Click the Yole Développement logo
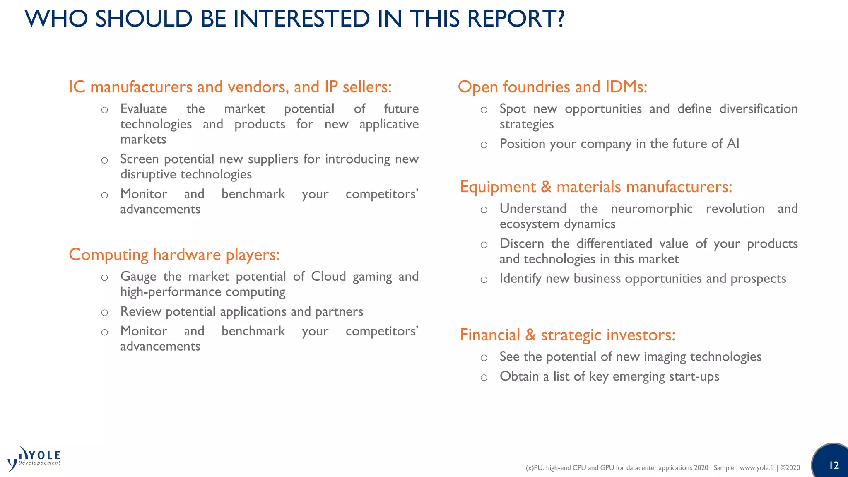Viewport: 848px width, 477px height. [x=34, y=459]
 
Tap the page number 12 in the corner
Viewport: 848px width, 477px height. [x=834, y=465]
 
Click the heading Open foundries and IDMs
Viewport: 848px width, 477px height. [x=552, y=87]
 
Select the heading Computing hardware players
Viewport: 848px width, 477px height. [x=174, y=255]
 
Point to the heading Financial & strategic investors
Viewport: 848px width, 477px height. [x=567, y=335]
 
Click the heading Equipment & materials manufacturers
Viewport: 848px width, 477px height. [x=596, y=187]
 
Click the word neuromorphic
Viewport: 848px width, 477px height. [x=651, y=209]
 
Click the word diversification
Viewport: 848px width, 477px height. [x=758, y=109]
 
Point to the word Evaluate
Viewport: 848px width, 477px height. [x=144, y=109]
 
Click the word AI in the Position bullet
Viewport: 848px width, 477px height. [x=732, y=144]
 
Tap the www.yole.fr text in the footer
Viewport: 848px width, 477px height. [x=757, y=468]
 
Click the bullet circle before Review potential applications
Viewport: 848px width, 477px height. [x=105, y=313]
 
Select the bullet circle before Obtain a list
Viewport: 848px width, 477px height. [x=484, y=378]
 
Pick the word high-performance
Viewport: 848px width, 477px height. [x=171, y=292]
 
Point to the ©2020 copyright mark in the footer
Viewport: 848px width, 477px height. [x=790, y=468]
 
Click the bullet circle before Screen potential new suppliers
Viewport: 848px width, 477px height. [x=105, y=160]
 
